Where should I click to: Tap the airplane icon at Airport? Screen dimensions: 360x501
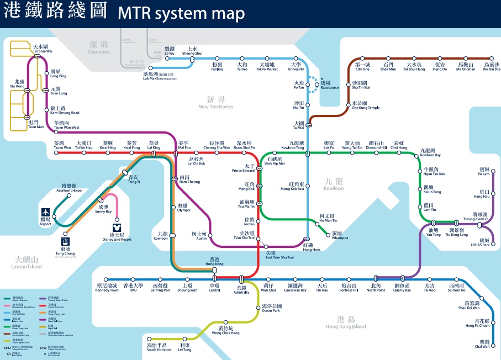pyautogui.click(x=46, y=213)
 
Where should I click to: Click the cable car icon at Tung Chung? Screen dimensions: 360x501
pyautogui.click(x=66, y=241)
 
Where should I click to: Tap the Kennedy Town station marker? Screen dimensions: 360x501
pyautogui.click(x=107, y=279)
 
